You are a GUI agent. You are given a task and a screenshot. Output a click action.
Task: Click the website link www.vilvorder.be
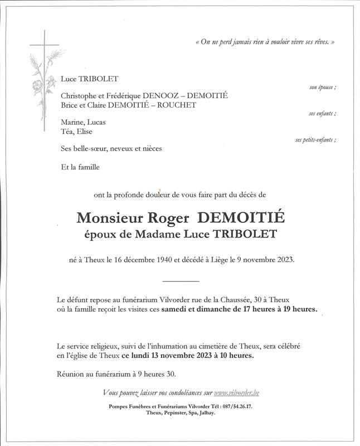click(x=236, y=393)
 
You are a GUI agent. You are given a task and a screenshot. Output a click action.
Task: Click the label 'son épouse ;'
click(x=323, y=88)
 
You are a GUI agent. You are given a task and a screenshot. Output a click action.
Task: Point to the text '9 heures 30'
click(x=165, y=373)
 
